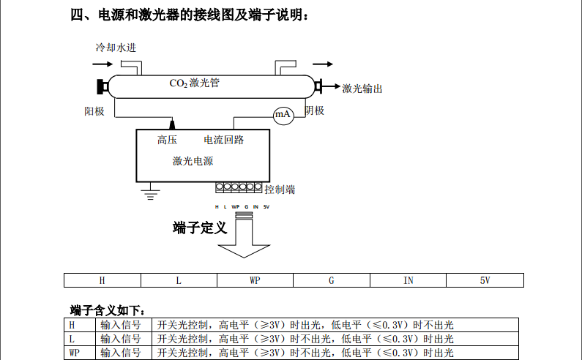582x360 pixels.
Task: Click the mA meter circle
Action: (283, 115)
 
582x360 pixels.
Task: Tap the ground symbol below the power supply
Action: (152, 193)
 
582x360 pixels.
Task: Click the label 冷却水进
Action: (116, 48)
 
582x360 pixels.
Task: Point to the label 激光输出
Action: (362, 89)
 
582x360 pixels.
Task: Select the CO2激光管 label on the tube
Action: (194, 83)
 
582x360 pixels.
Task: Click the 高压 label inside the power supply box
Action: (167, 140)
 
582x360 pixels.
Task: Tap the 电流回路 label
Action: (223, 140)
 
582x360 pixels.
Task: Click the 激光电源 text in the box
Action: (193, 161)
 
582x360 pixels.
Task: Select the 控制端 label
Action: (280, 190)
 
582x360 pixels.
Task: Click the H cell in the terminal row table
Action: (102, 280)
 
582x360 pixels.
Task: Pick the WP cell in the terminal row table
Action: (255, 280)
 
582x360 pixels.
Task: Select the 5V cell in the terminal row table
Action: (485, 280)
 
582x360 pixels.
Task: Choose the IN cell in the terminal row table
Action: (408, 280)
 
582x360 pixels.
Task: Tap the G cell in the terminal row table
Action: (331, 280)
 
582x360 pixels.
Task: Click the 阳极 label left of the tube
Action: (94, 111)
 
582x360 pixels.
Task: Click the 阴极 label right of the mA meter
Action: (314, 110)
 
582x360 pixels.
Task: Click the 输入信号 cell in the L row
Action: (121, 339)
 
